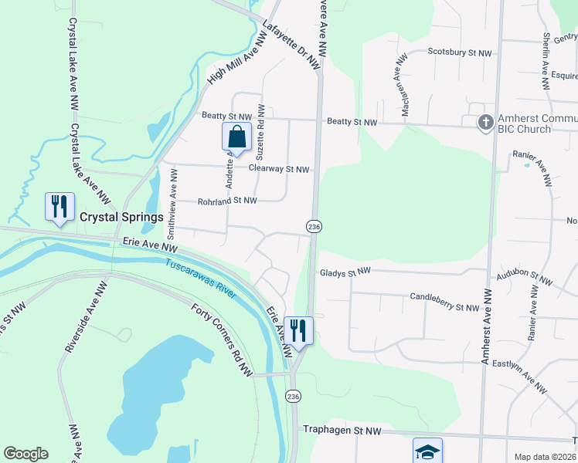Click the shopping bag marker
click(x=236, y=137)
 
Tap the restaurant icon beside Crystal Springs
click(x=59, y=206)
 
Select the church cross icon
click(x=485, y=123)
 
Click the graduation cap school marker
click(x=428, y=451)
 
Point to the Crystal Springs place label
click(x=122, y=217)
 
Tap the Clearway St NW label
click(x=278, y=170)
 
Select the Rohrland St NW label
click(x=226, y=201)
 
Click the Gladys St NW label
click(x=345, y=272)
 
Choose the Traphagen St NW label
click(x=342, y=430)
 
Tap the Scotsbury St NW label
click(x=460, y=53)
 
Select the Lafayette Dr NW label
click(x=291, y=46)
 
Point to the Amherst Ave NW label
click(x=485, y=327)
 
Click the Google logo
click(x=25, y=454)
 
